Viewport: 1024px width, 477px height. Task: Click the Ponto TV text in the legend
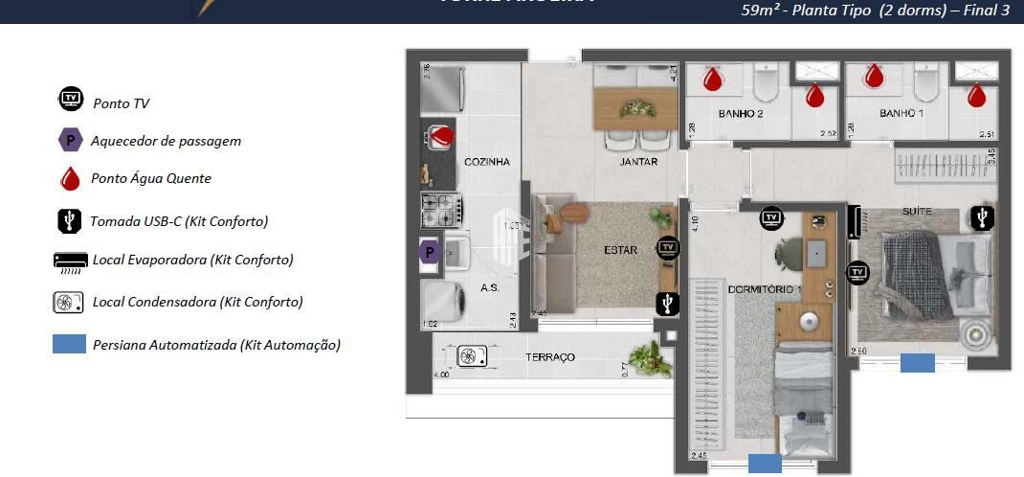coord(121,103)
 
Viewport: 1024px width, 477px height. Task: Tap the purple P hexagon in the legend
coord(70,140)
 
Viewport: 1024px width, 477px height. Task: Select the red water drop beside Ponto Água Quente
coord(70,178)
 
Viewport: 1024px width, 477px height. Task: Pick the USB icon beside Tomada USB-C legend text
coord(70,220)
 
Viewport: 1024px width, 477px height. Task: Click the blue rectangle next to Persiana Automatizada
coord(70,345)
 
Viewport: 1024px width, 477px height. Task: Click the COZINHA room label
coord(487,162)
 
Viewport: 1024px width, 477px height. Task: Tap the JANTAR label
coord(638,162)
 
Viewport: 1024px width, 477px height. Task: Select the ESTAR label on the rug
coord(620,251)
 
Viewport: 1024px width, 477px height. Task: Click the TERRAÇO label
coord(550,357)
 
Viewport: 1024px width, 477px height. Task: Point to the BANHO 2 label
coord(741,114)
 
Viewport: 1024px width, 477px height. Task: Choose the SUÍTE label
coord(916,210)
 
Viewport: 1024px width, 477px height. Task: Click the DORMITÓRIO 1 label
coord(764,288)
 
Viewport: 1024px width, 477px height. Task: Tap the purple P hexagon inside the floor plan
coord(431,253)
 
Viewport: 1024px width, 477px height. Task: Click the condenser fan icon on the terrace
coord(472,356)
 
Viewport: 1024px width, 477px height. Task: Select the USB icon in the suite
coord(982,218)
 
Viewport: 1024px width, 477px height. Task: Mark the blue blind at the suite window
coord(918,363)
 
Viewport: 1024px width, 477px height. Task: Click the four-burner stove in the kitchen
coord(442,208)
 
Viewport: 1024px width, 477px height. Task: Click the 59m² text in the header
coord(762,11)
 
